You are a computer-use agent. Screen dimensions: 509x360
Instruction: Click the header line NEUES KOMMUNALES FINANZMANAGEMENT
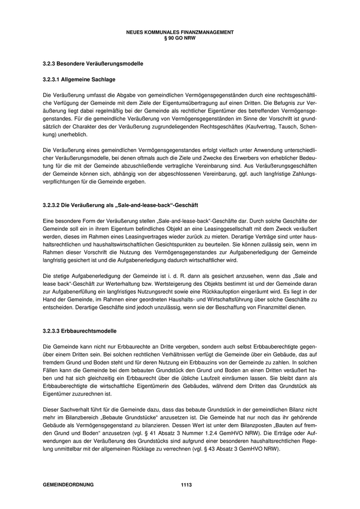179,32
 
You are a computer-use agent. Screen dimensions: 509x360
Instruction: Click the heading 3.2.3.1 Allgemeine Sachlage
79,80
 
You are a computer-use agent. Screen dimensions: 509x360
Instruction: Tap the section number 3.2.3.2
52,206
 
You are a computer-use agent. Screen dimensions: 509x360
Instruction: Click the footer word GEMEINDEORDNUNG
68,485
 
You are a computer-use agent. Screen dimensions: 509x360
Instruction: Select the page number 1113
186,485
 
